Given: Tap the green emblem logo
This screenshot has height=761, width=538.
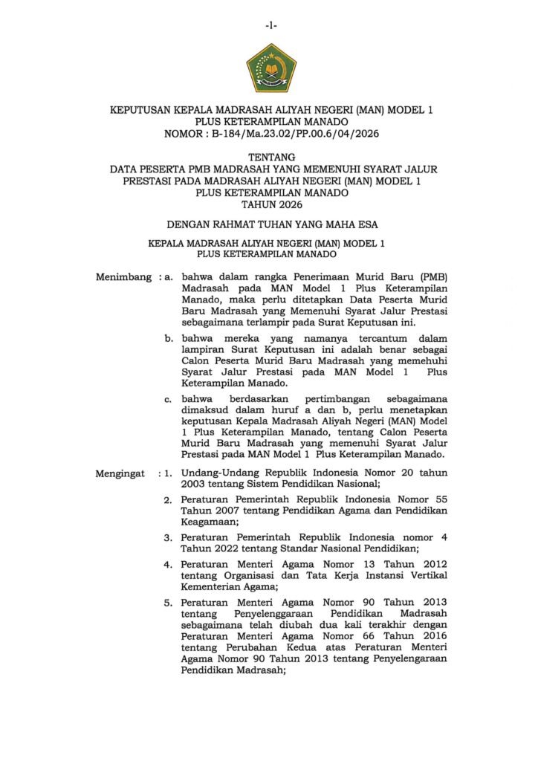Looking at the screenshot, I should (271, 68).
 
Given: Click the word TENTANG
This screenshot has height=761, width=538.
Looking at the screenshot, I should (271, 157).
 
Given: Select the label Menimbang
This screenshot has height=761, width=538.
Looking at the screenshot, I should (123, 277).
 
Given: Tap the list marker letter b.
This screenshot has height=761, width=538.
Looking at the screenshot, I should (169, 337).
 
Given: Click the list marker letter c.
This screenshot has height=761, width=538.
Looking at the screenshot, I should (169, 399).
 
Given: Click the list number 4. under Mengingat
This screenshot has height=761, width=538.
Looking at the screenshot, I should (168, 564).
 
